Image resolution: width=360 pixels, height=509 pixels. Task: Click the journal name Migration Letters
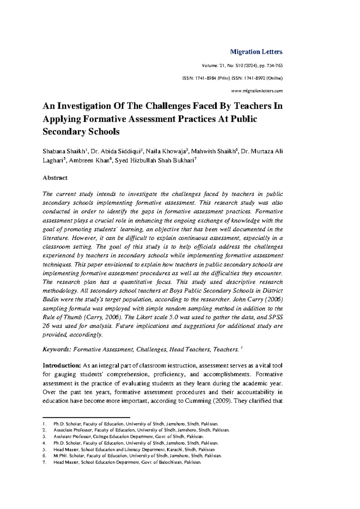pos(256,52)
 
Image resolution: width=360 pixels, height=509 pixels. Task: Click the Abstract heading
pos(55,178)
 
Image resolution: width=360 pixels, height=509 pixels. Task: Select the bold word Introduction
pos(61,366)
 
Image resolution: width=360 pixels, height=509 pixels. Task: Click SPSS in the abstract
pos(275,317)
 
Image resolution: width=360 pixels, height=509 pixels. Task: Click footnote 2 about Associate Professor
pos(141,430)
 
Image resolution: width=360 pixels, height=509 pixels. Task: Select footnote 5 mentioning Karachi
pos(134,450)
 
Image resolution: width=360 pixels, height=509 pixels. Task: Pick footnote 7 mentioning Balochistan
pos(127,462)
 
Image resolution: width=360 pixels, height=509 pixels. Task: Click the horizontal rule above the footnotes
pos(86,417)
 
